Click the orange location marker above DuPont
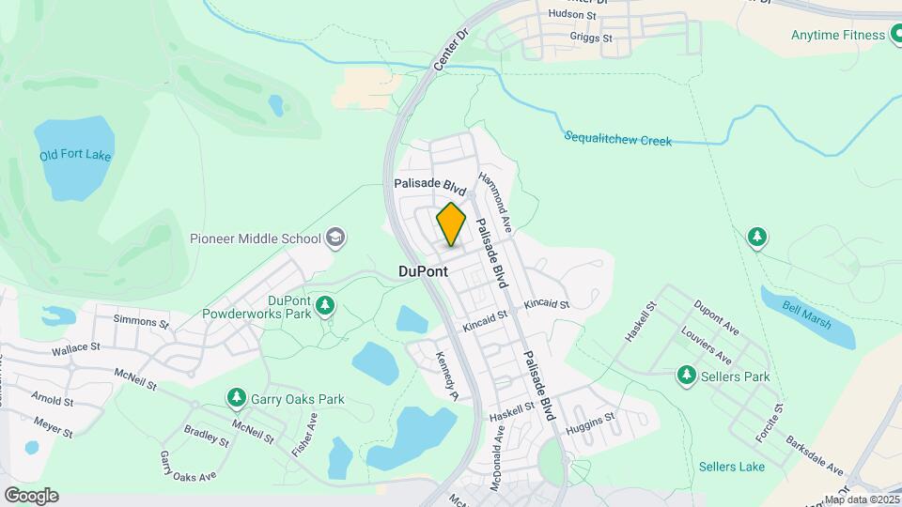(451, 225)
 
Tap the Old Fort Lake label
(75, 156)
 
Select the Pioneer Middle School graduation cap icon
(335, 238)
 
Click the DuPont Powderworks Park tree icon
(325, 304)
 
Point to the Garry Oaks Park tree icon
(236, 399)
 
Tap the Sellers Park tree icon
(687, 376)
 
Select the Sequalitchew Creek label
(618, 139)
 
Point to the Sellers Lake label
(732, 467)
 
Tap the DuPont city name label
(423, 270)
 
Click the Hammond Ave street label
(494, 201)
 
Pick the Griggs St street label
(591, 38)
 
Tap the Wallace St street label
(76, 348)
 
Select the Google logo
(31, 495)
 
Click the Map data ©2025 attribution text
(862, 499)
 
